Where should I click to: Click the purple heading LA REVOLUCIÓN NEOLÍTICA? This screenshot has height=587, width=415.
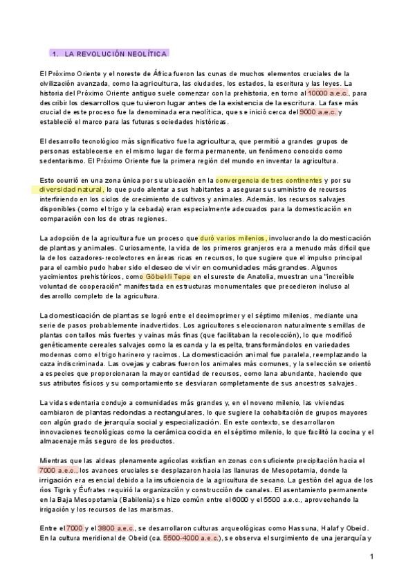[x=111, y=53]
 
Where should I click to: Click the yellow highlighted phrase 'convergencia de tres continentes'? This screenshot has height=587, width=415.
[x=269, y=179]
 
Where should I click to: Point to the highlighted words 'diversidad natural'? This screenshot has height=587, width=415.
[x=71, y=189]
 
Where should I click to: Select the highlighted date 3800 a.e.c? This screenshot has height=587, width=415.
[x=116, y=528]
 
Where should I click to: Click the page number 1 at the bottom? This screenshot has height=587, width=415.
[x=371, y=556]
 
